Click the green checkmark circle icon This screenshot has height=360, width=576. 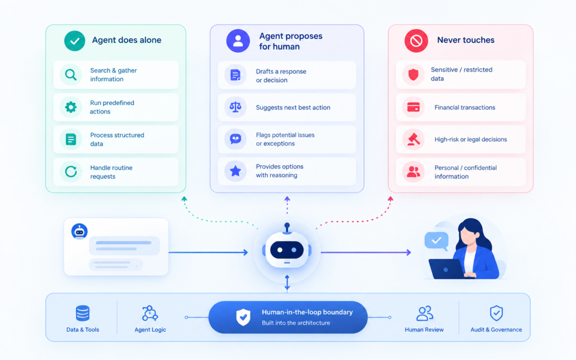point(75,41)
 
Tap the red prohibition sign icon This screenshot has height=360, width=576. point(416,41)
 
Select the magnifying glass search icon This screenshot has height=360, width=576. point(71,75)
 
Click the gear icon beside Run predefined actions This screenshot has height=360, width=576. point(71,107)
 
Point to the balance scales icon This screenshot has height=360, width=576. point(236,107)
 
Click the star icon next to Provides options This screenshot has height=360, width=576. point(236,171)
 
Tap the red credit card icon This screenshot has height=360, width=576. point(414,107)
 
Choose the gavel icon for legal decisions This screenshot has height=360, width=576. point(414,139)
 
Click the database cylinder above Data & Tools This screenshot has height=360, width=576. point(83,313)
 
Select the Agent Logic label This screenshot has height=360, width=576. point(150,330)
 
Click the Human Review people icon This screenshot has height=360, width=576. point(425,314)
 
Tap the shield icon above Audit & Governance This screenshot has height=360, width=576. point(497,313)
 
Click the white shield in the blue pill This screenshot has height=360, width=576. point(243,317)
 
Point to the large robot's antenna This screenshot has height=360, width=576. point(287,228)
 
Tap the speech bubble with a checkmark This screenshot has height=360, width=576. point(436,241)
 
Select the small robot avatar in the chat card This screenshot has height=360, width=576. point(79,231)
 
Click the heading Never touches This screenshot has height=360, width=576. point(466,40)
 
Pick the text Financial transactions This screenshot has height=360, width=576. point(465,107)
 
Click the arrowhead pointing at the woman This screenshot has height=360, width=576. point(409,252)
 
